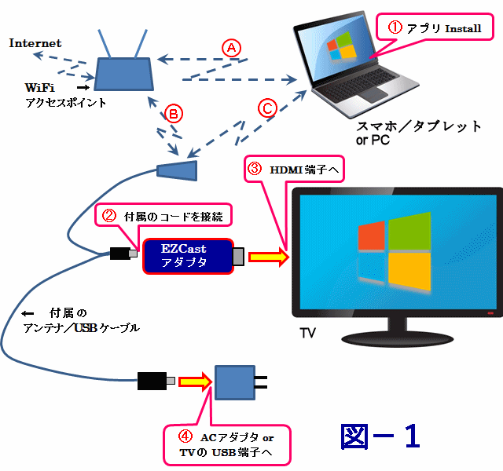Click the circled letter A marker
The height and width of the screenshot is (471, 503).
pyautogui.click(x=230, y=47)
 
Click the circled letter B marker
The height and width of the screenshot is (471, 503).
pyautogui.click(x=174, y=115)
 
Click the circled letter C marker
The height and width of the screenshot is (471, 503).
pyautogui.click(x=268, y=108)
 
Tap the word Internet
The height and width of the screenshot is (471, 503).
pyautogui.click(x=35, y=43)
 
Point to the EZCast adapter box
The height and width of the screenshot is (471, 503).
pyautogui.click(x=188, y=256)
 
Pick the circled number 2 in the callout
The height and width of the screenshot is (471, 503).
pyautogui.click(x=110, y=216)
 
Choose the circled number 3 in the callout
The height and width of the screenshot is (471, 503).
pyautogui.click(x=254, y=168)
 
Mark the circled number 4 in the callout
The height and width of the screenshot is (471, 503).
pyautogui.click(x=182, y=437)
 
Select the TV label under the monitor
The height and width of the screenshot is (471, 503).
pyautogui.click(x=308, y=334)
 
